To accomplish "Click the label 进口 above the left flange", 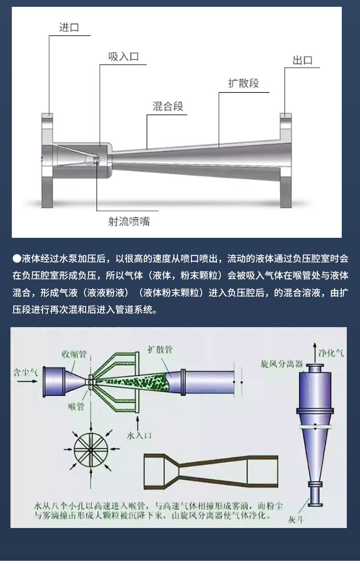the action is pyautogui.click(x=69, y=27).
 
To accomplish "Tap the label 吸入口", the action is pyautogui.click(x=123, y=56).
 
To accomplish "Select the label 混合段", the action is pyautogui.click(x=168, y=107).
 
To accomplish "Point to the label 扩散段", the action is pyautogui.click(x=244, y=83).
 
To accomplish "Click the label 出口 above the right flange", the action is pyautogui.click(x=303, y=61).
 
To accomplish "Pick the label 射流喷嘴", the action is pyautogui.click(x=129, y=221).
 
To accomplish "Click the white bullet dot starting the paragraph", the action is pyautogui.click(x=16, y=259).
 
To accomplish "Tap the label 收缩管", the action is pyautogui.click(x=74, y=354).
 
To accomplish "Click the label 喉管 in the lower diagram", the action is pyautogui.click(x=76, y=406).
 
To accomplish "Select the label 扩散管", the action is pyautogui.click(x=160, y=350).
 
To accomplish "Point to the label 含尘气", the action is pyautogui.click(x=26, y=372).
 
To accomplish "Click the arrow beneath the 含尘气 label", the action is pyautogui.click(x=27, y=381).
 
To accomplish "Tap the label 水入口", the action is pyautogui.click(x=139, y=436).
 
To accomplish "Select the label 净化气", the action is pyautogui.click(x=331, y=353).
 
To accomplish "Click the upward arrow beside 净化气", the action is pyautogui.click(x=314, y=353).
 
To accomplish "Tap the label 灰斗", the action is pyautogui.click(x=296, y=520).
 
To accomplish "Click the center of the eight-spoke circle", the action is pyautogui.click(x=91, y=449).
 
